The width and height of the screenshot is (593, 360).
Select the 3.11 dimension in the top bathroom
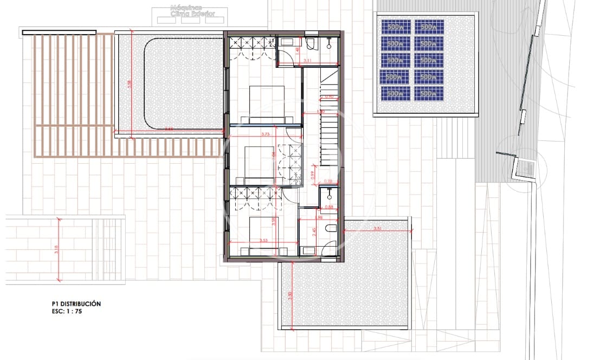[307, 61]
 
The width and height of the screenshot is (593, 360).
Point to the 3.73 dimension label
[265, 133]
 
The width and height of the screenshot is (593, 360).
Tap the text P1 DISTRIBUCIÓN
[73, 304]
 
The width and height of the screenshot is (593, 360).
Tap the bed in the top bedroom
[267, 103]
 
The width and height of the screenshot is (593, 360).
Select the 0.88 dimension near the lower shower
[328, 206]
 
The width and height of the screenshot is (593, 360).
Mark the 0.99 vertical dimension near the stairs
[313, 174]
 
